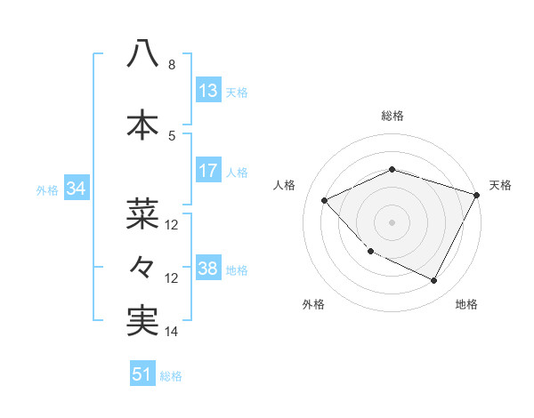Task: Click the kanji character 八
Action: (142, 53)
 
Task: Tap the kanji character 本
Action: (142, 125)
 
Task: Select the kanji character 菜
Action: (142, 213)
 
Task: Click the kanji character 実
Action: (142, 321)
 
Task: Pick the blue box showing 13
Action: (207, 91)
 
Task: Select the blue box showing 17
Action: (207, 172)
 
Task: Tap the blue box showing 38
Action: (207, 269)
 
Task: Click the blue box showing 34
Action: (76, 189)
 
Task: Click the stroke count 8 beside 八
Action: (172, 65)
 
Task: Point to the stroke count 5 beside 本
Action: (172, 136)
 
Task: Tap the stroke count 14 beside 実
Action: (172, 332)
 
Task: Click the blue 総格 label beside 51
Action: (171, 376)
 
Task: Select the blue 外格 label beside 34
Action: (47, 190)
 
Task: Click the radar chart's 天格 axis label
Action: (500, 185)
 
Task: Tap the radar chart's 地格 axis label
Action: (466, 304)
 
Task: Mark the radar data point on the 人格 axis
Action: (325, 200)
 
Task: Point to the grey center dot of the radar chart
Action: (392, 222)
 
